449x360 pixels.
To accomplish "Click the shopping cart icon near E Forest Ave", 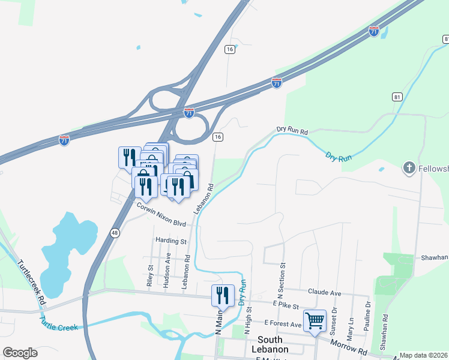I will tap(315, 320).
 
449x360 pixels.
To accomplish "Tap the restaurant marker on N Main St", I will tap(222, 295).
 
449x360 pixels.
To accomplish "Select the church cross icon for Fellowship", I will tap(409, 167).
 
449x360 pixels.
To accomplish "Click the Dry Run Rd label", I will tap(292, 130).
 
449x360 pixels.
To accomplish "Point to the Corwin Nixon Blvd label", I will tap(161, 214).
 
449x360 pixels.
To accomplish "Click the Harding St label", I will tap(171, 241).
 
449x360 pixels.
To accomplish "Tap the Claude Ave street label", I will tap(324, 292).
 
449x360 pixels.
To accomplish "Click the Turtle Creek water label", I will tap(59, 325).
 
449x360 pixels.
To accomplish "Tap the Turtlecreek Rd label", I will tap(31, 281).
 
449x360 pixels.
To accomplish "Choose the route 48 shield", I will tap(114, 232).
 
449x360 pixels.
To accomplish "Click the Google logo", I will tap(20, 353).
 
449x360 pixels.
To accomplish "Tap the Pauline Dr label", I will tap(368, 312).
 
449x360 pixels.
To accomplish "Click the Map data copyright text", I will tap(423, 355).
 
